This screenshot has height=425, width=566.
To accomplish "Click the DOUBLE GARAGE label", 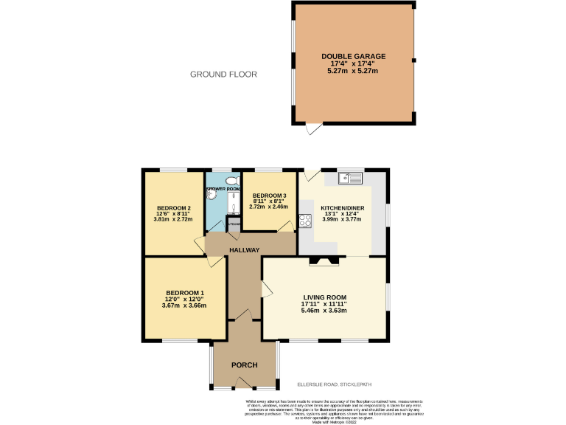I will tap(353, 56).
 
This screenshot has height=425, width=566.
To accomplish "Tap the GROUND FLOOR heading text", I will tap(223, 75).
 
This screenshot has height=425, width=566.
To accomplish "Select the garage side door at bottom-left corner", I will tap(314, 129).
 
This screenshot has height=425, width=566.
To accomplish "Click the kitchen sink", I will tap(349, 178).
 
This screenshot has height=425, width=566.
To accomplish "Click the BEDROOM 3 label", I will tap(269, 194).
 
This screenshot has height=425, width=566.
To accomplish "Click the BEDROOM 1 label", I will tap(184, 292).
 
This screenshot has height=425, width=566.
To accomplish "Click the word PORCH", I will tap(243, 365).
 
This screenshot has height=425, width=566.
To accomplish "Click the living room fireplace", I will tap(324, 260).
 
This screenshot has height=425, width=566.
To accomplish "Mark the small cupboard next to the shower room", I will tap(234, 224).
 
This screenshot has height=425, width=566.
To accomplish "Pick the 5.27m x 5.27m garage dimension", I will tap(353, 71).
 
